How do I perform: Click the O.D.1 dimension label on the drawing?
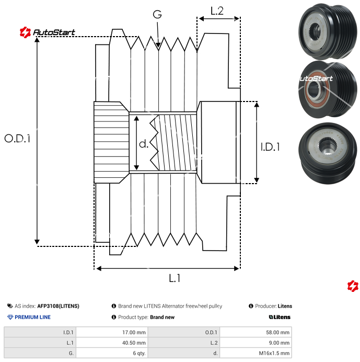click(x=17, y=139)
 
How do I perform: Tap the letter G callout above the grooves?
click(x=158, y=14)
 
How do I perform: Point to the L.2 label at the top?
click(x=217, y=10)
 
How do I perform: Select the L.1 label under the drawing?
click(x=175, y=278)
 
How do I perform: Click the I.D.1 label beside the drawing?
click(x=270, y=147)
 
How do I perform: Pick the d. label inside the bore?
click(x=144, y=143)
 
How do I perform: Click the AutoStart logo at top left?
click(x=48, y=32)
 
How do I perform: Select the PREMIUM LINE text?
click(x=32, y=317)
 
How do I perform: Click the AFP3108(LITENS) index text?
click(x=58, y=306)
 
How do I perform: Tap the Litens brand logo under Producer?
click(x=280, y=317)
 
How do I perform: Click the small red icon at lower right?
click(x=353, y=286)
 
